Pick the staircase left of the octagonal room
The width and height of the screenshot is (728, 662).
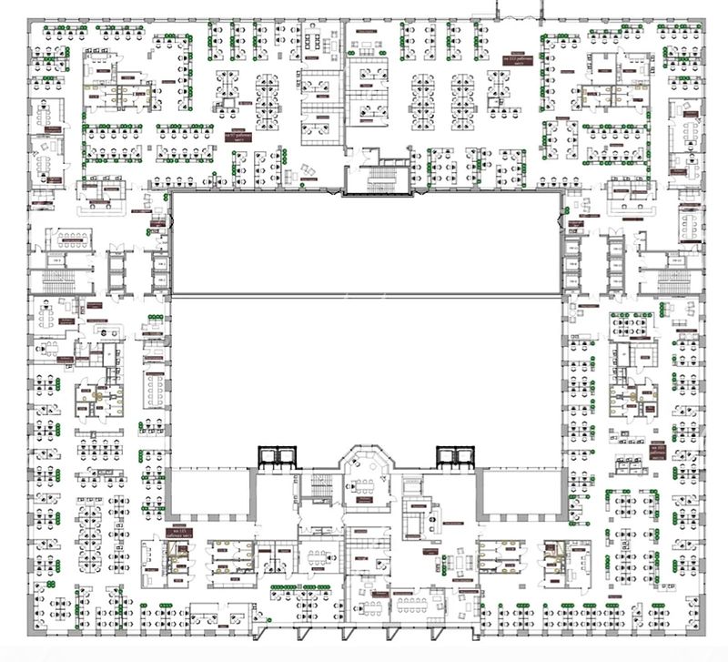click(x=320, y=488)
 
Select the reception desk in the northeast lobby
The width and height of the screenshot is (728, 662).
click(x=628, y=189)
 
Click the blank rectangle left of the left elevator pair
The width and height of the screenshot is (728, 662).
click(x=208, y=491)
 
